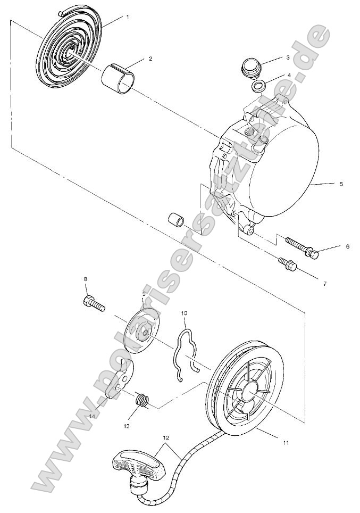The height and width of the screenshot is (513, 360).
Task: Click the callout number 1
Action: [127, 17]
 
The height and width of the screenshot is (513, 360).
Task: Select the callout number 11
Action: [286, 442]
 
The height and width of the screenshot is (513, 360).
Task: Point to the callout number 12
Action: [166, 438]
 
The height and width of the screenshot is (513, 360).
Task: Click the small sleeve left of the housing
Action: [175, 220]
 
